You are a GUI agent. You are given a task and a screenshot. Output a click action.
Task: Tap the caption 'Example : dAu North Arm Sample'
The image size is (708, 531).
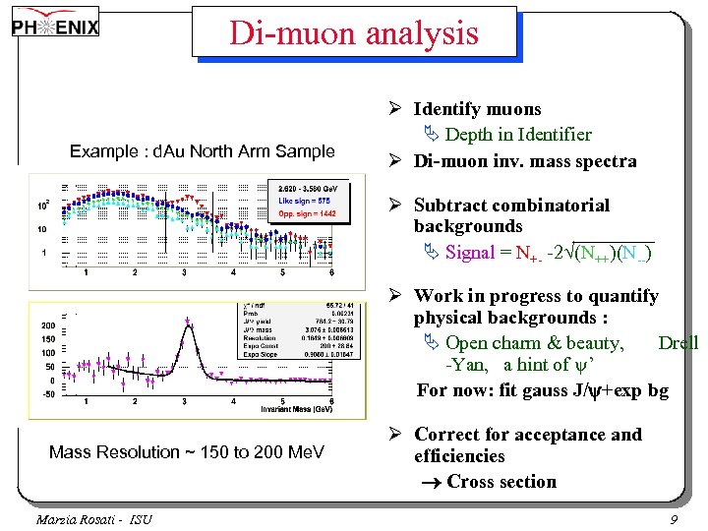[x=203, y=151]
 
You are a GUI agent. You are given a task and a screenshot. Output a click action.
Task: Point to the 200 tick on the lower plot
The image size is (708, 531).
[x=48, y=325]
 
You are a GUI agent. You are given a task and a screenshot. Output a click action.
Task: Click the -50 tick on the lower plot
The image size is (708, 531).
[x=48, y=393]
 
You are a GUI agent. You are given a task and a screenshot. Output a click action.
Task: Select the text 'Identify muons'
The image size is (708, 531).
[x=477, y=109]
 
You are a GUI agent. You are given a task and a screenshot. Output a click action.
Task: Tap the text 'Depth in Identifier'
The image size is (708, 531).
[x=518, y=135]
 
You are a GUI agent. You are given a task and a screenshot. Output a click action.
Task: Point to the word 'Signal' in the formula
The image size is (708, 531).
[x=470, y=253]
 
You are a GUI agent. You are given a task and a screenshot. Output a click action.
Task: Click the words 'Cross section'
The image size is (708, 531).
[x=501, y=482]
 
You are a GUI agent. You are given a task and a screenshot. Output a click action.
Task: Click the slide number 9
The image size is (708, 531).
[x=674, y=518]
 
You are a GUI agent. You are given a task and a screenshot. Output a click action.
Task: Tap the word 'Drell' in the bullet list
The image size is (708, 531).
[x=678, y=343]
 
